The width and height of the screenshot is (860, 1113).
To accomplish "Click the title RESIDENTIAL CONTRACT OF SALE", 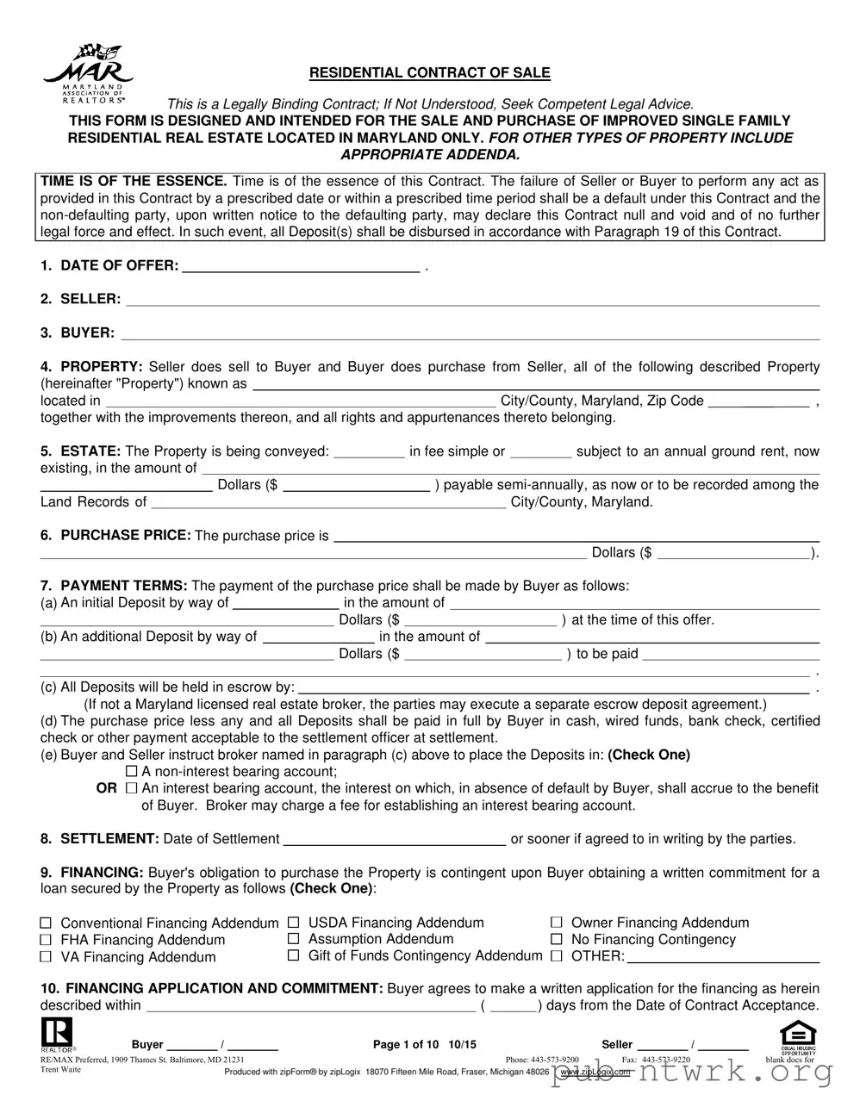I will [429, 73].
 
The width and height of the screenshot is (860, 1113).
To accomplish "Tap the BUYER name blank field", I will [469, 334].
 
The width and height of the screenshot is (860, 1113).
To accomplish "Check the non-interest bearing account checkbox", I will [132, 771].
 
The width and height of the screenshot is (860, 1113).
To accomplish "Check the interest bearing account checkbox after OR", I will [132, 788].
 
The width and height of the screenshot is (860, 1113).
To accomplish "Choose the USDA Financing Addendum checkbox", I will [293, 923].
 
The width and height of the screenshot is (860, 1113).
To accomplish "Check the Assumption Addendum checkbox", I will [293, 939].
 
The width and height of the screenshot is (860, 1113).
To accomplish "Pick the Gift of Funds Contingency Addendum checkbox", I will [293, 955].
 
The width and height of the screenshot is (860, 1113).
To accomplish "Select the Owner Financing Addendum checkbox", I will [557, 923].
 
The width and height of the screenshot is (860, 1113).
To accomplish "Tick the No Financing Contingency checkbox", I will [557, 939].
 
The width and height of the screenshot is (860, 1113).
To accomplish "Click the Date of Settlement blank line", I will [394, 841].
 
